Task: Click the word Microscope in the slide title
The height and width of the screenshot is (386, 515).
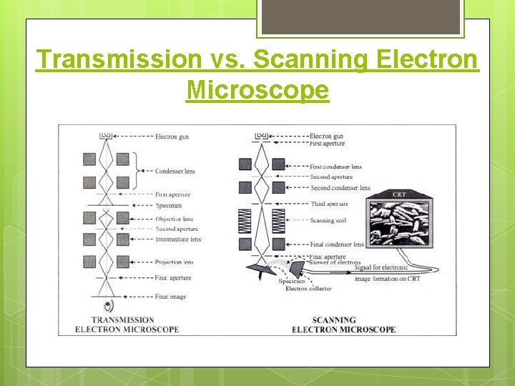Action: [257, 90]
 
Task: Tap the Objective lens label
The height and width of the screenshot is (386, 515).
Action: [174, 219]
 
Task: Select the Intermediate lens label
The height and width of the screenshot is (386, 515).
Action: [178, 239]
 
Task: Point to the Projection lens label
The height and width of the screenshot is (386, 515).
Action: [174, 262]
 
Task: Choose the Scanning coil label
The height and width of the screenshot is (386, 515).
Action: [328, 220]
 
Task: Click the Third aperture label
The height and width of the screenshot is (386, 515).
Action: [330, 204]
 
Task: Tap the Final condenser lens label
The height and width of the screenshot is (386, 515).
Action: [337, 244]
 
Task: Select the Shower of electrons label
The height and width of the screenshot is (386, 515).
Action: [335, 262]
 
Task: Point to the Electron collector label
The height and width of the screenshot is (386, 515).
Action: [306, 288]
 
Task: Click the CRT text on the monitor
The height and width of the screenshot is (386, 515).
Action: [399, 194]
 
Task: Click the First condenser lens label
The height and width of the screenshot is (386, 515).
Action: [335, 167]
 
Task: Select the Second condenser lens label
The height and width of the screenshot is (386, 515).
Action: [340, 188]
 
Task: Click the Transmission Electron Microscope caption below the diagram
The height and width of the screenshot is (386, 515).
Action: [127, 325]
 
